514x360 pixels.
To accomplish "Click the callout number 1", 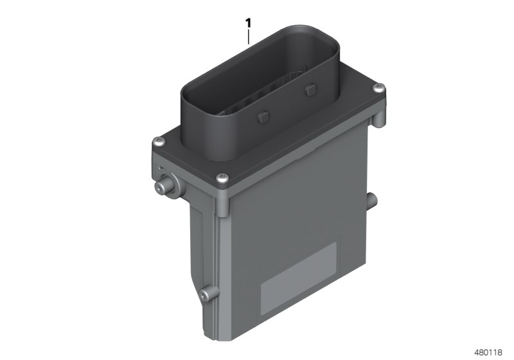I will click(x=248, y=23).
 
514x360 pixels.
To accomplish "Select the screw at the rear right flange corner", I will click(x=380, y=87).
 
